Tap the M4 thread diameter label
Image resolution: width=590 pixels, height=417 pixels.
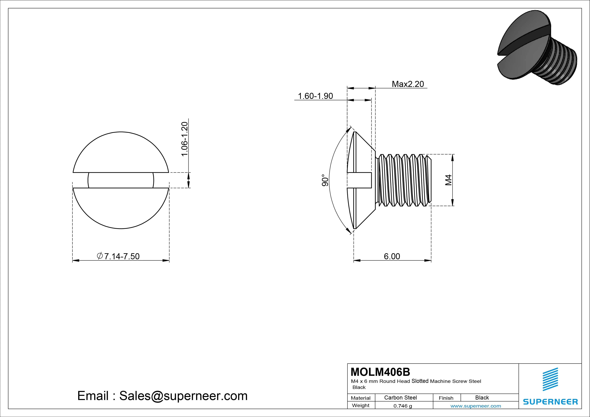pos(448,180)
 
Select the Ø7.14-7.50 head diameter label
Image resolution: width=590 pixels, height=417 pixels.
pos(118,256)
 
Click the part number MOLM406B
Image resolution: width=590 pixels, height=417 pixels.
pos(380,372)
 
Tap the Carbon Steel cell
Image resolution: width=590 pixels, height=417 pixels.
pos(400,397)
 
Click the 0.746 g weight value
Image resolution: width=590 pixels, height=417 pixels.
pos(403,406)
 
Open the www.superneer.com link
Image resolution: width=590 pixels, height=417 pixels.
pos(476,406)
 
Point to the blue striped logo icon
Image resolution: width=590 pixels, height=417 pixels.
pos(550,379)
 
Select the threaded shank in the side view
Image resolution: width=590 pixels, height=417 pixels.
pos(403,180)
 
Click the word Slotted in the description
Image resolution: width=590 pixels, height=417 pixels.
pos(420,381)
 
